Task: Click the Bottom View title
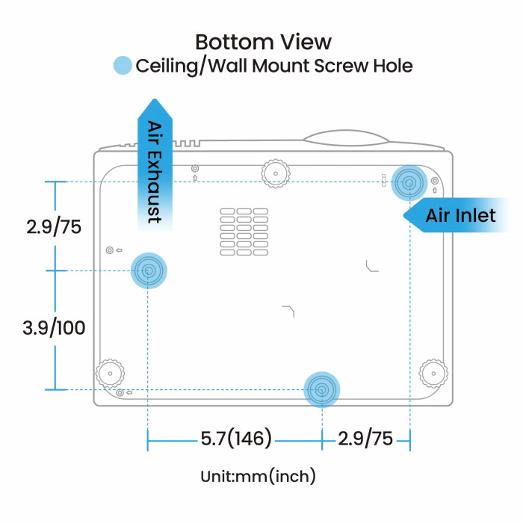(263, 40)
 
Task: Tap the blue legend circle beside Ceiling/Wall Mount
(123, 66)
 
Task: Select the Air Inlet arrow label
(459, 216)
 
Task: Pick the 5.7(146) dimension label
(235, 439)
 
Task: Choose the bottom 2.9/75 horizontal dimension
(365, 439)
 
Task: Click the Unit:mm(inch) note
(258, 476)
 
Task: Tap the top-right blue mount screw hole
(409, 182)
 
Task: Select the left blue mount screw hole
(148, 270)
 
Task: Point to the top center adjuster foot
(276, 173)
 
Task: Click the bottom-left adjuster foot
(111, 371)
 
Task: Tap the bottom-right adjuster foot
(432, 371)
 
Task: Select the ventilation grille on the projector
(244, 231)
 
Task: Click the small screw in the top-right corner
(435, 181)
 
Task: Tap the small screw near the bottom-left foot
(120, 392)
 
